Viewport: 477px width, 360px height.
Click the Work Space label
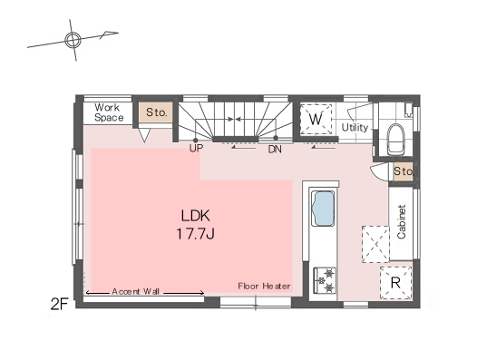109,112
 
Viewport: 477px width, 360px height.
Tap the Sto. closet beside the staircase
156,112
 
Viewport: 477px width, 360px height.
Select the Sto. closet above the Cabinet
403,171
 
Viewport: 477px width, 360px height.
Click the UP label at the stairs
196,149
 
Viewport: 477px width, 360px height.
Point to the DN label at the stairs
275,150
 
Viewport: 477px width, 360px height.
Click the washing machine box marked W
316,119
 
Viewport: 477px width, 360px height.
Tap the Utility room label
355,128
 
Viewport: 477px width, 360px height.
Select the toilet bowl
396,139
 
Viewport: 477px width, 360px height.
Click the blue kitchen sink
323,209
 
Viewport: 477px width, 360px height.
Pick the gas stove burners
325,280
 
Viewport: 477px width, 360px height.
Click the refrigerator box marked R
395,283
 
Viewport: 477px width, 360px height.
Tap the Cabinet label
402,221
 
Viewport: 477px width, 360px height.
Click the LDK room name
195,216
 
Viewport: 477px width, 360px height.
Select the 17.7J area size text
196,234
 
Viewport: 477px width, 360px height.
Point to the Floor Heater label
264,286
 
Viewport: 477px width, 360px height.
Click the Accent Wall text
136,291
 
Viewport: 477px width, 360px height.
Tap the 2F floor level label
59,304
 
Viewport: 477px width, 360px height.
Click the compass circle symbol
73,40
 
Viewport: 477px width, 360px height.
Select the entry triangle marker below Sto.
144,135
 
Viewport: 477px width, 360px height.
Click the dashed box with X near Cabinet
375,244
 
